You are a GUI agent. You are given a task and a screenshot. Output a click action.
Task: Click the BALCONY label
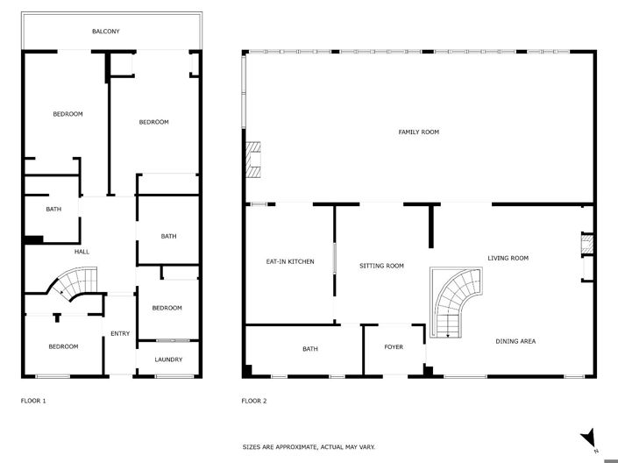click(105, 32)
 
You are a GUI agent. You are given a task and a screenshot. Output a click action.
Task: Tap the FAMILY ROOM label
click(418, 132)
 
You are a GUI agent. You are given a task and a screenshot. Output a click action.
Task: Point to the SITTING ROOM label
click(381, 266)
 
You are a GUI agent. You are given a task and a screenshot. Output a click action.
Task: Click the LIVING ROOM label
click(508, 258)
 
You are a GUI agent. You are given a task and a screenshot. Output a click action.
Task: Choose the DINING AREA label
click(515, 341)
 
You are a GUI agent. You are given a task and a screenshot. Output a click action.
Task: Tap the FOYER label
click(394, 348)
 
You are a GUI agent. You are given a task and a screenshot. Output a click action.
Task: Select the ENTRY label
click(119, 333)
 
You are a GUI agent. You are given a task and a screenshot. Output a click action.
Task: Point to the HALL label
click(82, 252)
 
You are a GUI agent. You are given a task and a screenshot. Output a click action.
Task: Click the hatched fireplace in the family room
click(253, 160)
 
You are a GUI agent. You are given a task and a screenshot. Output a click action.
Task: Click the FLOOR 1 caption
click(33, 401)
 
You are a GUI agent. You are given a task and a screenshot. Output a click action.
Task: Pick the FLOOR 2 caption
click(253, 401)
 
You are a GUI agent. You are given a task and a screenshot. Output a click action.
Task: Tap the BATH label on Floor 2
click(310, 349)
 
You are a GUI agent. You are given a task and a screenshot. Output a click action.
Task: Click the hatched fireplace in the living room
click(587, 244)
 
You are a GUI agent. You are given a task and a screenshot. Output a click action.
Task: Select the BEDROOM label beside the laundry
click(167, 308)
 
